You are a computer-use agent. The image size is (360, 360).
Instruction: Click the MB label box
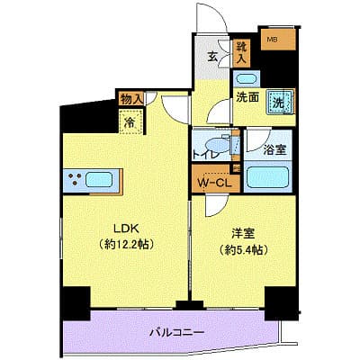pos(271,40)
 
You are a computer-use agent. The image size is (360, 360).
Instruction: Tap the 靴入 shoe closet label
pos(241,51)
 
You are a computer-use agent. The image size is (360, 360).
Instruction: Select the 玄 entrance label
pos(212,58)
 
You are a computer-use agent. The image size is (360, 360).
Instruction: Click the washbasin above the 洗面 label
pos(246,78)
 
